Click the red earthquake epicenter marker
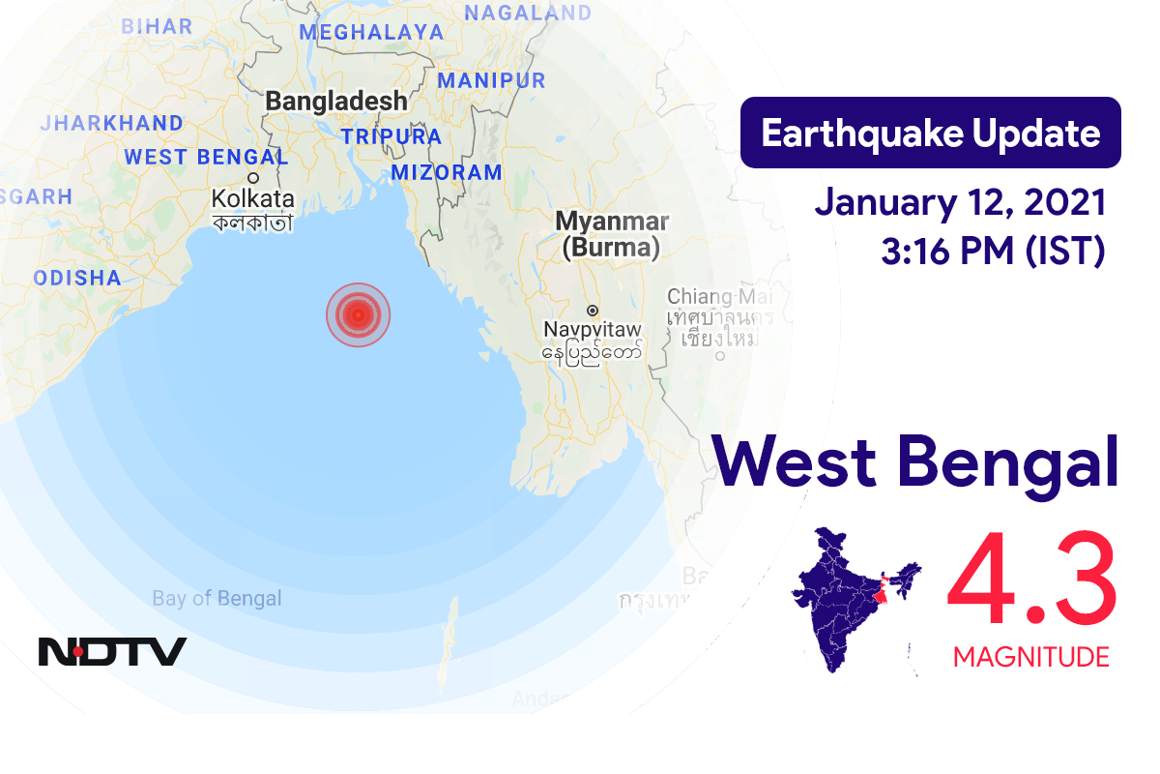point(358,314)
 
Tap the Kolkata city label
point(252,200)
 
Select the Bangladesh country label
point(335,101)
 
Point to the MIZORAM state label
point(447,173)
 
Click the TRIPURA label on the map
point(391,137)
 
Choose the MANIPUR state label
point(491,80)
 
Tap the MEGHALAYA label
point(371,32)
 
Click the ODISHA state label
point(77,279)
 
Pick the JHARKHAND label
point(112,124)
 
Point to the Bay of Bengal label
point(217,599)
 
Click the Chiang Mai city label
point(713,296)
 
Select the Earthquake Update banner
point(930,134)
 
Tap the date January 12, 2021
point(960,203)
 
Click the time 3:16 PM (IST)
point(993,252)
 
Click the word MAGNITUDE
point(1031,658)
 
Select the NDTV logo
point(112,651)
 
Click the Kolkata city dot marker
point(253,178)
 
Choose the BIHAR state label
point(157,26)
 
